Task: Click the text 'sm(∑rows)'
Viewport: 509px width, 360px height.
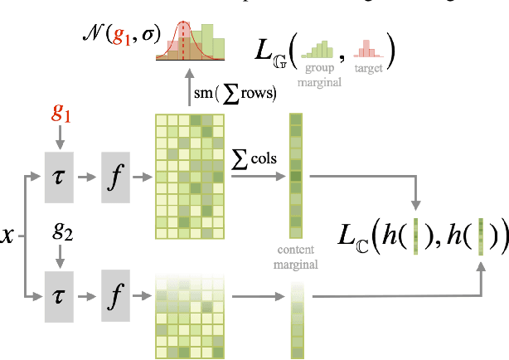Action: point(236,93)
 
